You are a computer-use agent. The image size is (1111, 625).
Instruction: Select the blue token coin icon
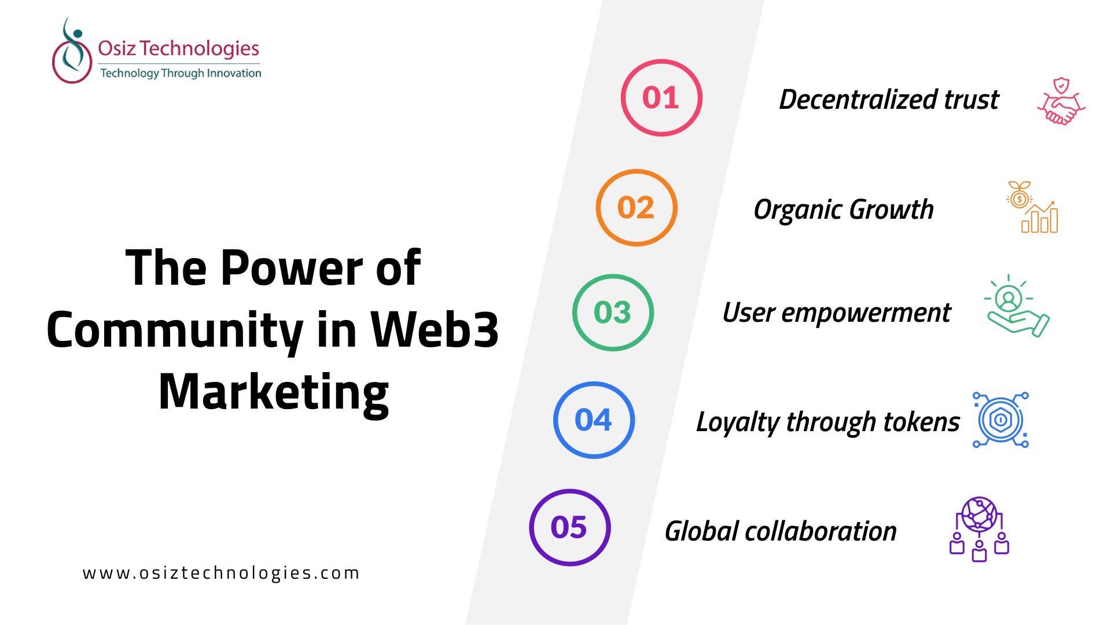(x=1001, y=420)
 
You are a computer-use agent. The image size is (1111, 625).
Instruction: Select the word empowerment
(x=866, y=313)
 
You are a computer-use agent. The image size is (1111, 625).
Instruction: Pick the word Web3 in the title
(x=435, y=330)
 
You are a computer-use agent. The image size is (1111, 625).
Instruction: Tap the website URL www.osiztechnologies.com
(x=221, y=573)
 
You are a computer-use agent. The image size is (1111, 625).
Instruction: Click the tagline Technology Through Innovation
(x=181, y=73)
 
